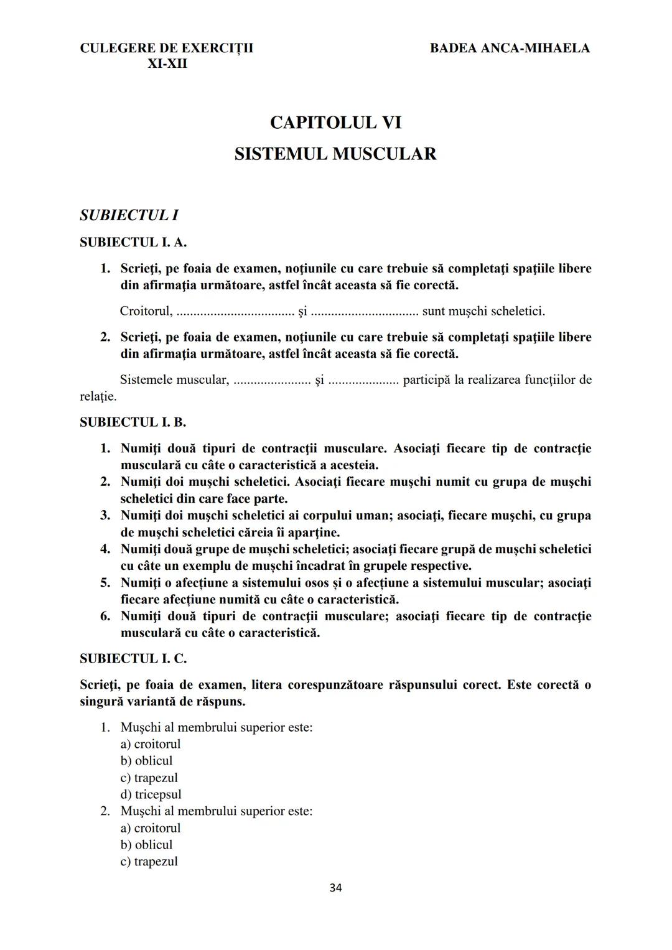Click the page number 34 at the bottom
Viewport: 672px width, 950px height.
pyautogui.click(x=335, y=888)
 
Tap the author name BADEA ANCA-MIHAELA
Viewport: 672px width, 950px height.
pyautogui.click(x=510, y=48)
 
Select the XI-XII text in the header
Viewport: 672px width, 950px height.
pyautogui.click(x=167, y=63)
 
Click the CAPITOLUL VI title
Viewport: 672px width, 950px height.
pyautogui.click(x=335, y=123)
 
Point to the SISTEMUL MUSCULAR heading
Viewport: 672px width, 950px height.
pyautogui.click(x=335, y=154)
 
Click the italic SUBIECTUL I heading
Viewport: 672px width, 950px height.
pyautogui.click(x=129, y=215)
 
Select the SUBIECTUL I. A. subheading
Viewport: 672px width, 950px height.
pyautogui.click(x=133, y=242)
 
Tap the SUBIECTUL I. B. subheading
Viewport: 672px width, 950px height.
pyautogui.click(x=133, y=422)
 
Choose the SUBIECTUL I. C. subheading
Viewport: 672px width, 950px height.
pyautogui.click(x=133, y=658)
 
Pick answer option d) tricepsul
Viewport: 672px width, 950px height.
pyautogui.click(x=151, y=794)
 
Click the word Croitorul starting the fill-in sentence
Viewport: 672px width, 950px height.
pyautogui.click(x=146, y=310)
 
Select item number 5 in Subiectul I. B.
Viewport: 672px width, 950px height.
pyautogui.click(x=105, y=583)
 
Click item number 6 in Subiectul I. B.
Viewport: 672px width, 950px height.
pyautogui.click(x=105, y=617)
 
